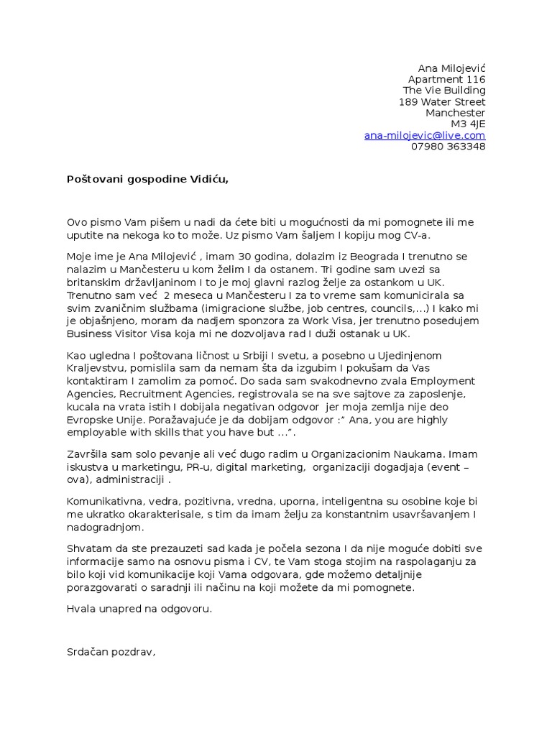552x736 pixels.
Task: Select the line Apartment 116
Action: point(446,79)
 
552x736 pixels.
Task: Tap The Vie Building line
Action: point(444,91)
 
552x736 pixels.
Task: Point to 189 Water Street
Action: point(442,102)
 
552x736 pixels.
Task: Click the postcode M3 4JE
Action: point(468,124)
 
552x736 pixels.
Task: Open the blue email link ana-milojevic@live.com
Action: point(425,135)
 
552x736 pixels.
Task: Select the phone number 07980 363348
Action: point(448,147)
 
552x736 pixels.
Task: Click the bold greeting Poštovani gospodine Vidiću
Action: point(147,179)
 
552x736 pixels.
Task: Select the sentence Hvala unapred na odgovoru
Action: point(139,609)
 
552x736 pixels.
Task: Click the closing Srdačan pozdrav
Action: point(111,653)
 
